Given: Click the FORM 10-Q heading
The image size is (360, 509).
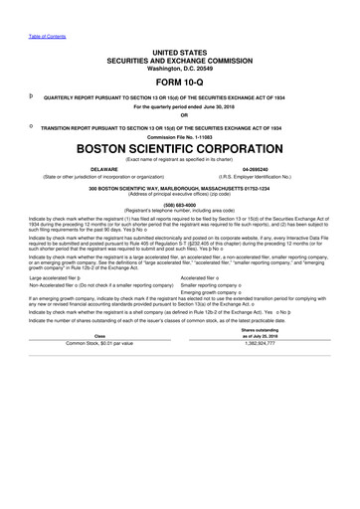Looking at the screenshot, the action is (180, 83).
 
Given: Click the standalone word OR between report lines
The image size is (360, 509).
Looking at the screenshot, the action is (180, 117).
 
